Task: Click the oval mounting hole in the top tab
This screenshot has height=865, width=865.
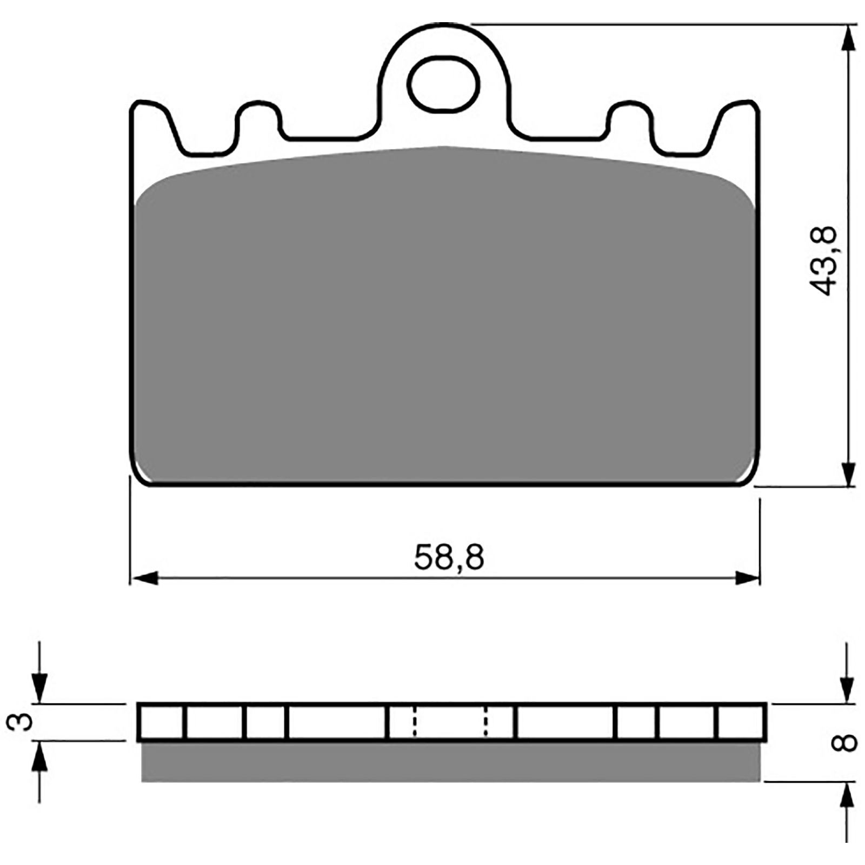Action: click(443, 84)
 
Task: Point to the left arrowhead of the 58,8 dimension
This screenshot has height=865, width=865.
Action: click(145, 578)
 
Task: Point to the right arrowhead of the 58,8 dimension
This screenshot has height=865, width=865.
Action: click(747, 578)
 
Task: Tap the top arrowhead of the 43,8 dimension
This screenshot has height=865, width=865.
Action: click(849, 38)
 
